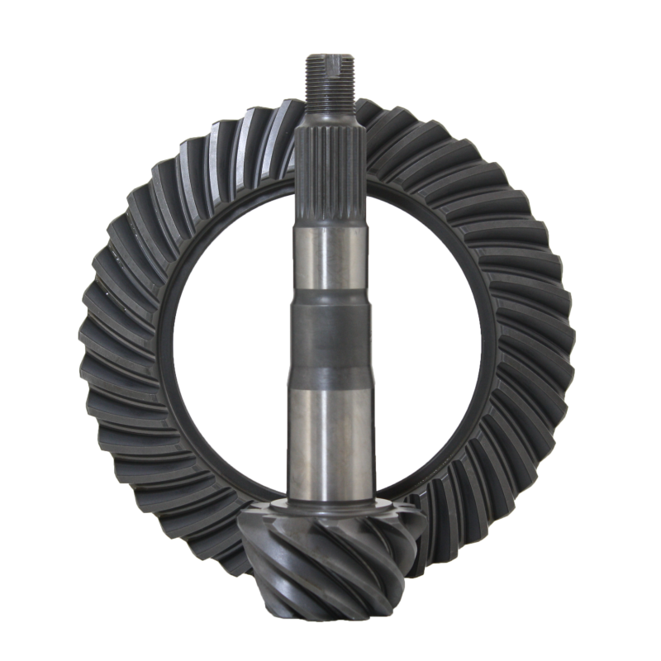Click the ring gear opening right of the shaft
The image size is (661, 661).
(426, 330)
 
